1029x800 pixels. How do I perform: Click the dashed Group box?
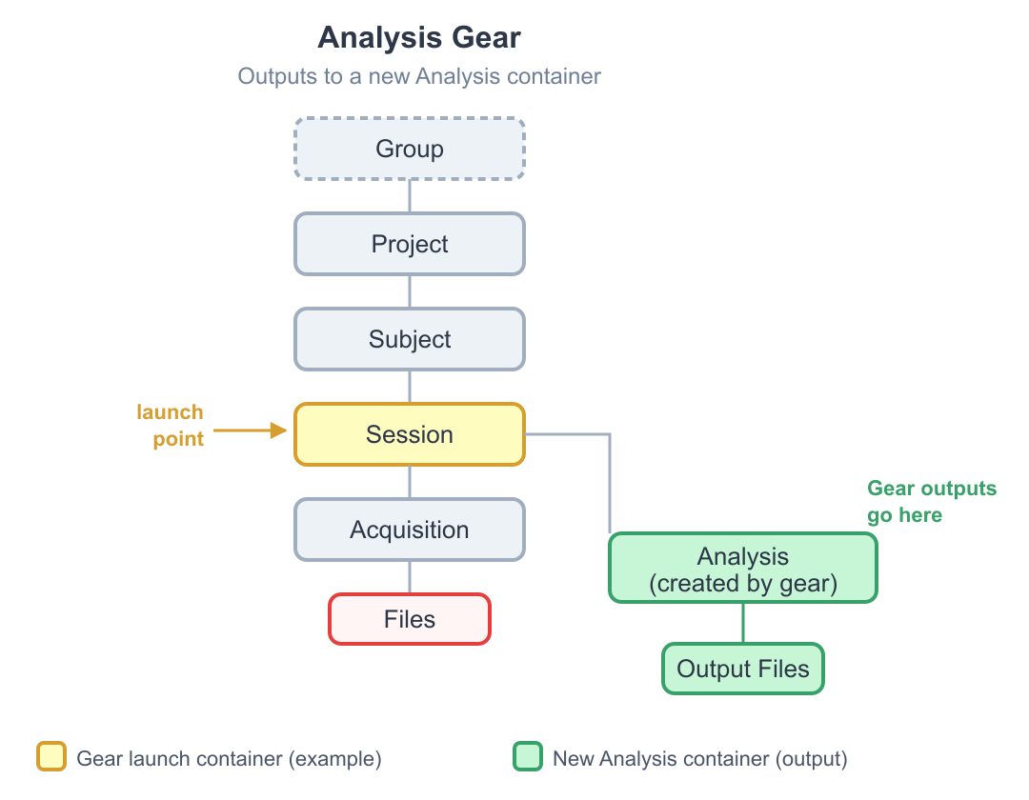coord(410,149)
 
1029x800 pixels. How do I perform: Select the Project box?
coord(410,244)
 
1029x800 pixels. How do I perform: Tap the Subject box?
coord(410,339)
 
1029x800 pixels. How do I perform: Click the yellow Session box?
coord(410,434)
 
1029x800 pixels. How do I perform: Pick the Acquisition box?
coord(410,530)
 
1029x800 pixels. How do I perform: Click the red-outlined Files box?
coord(410,619)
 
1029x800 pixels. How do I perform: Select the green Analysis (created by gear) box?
coord(743,569)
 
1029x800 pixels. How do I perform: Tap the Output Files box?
coord(743,669)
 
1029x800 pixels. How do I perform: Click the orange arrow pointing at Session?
coord(250,431)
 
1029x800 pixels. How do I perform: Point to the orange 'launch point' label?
coord(171,425)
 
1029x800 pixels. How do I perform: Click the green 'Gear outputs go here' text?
coord(930,502)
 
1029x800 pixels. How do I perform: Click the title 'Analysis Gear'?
coord(419,38)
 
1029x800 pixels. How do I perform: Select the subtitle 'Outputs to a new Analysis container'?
coord(419,76)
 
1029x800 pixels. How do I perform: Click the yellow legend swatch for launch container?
coord(51,758)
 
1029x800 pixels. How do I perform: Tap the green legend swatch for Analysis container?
coord(527,758)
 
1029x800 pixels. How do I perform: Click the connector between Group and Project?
coord(410,196)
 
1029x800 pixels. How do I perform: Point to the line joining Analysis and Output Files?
coord(743,623)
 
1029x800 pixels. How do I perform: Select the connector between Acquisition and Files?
coord(410,577)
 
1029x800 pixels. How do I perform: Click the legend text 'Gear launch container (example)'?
coord(229,759)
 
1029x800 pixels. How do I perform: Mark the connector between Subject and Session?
coord(410,387)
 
